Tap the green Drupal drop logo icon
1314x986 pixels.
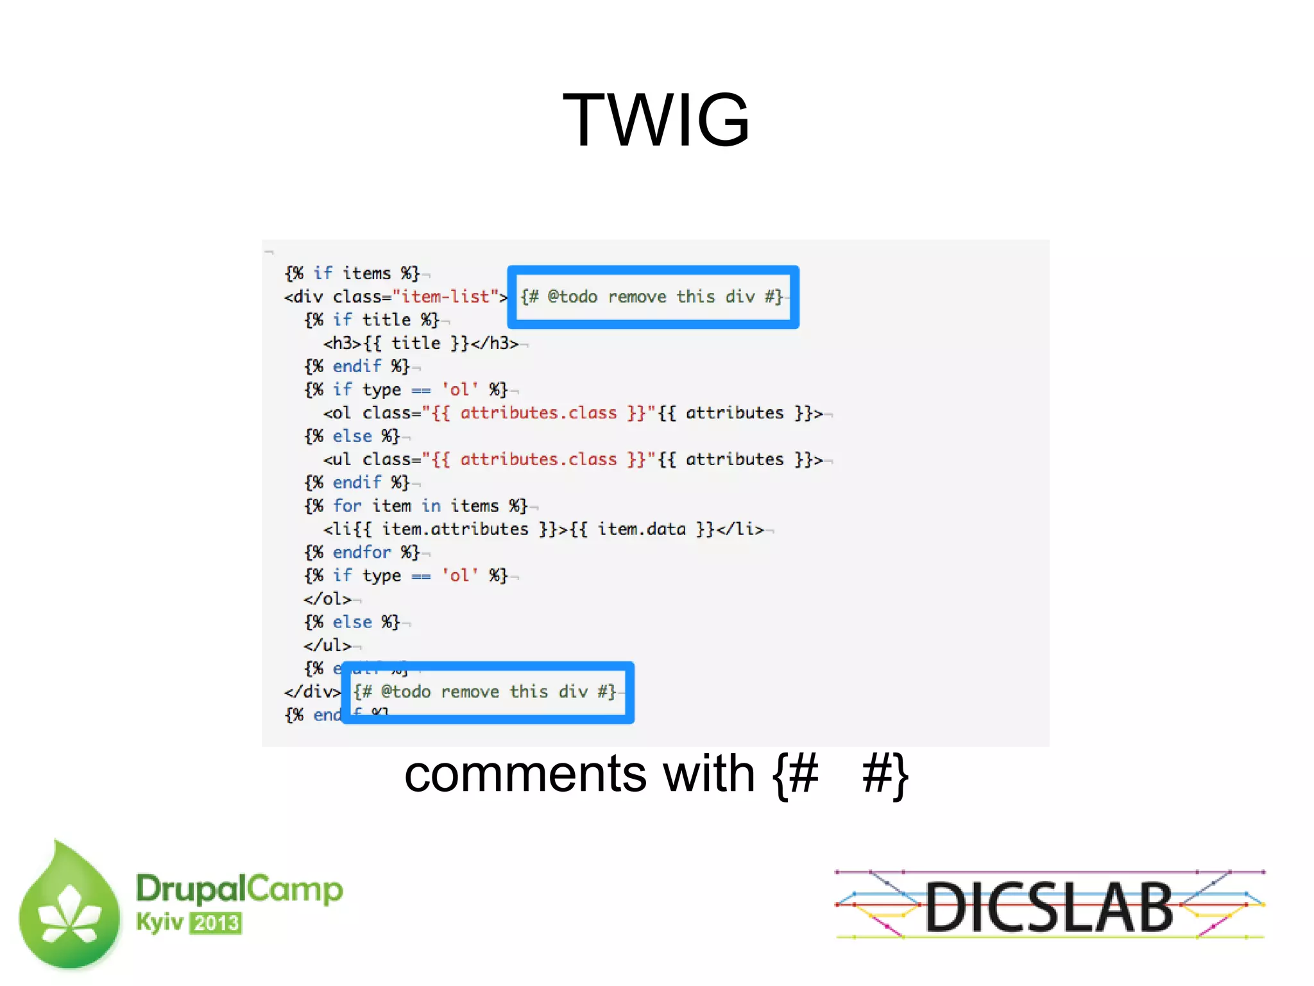(69, 906)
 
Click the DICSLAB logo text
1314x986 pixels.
(1049, 906)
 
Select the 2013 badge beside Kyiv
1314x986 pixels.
(216, 923)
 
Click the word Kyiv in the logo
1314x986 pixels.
(159, 922)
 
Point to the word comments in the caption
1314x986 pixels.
(524, 774)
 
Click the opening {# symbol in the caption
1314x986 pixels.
(796, 774)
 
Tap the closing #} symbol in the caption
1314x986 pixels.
(885, 774)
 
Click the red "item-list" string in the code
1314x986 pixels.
(445, 296)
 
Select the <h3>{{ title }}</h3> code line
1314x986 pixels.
(420, 343)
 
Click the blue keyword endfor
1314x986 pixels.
(361, 552)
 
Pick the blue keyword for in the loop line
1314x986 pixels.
(347, 506)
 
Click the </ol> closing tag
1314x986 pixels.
(327, 599)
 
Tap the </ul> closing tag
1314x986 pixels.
(327, 645)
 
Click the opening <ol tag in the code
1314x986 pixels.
(337, 413)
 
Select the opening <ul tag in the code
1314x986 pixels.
(337, 459)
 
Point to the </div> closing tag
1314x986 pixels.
(312, 692)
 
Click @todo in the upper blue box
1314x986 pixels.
(572, 296)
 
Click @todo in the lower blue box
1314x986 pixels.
(405, 692)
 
